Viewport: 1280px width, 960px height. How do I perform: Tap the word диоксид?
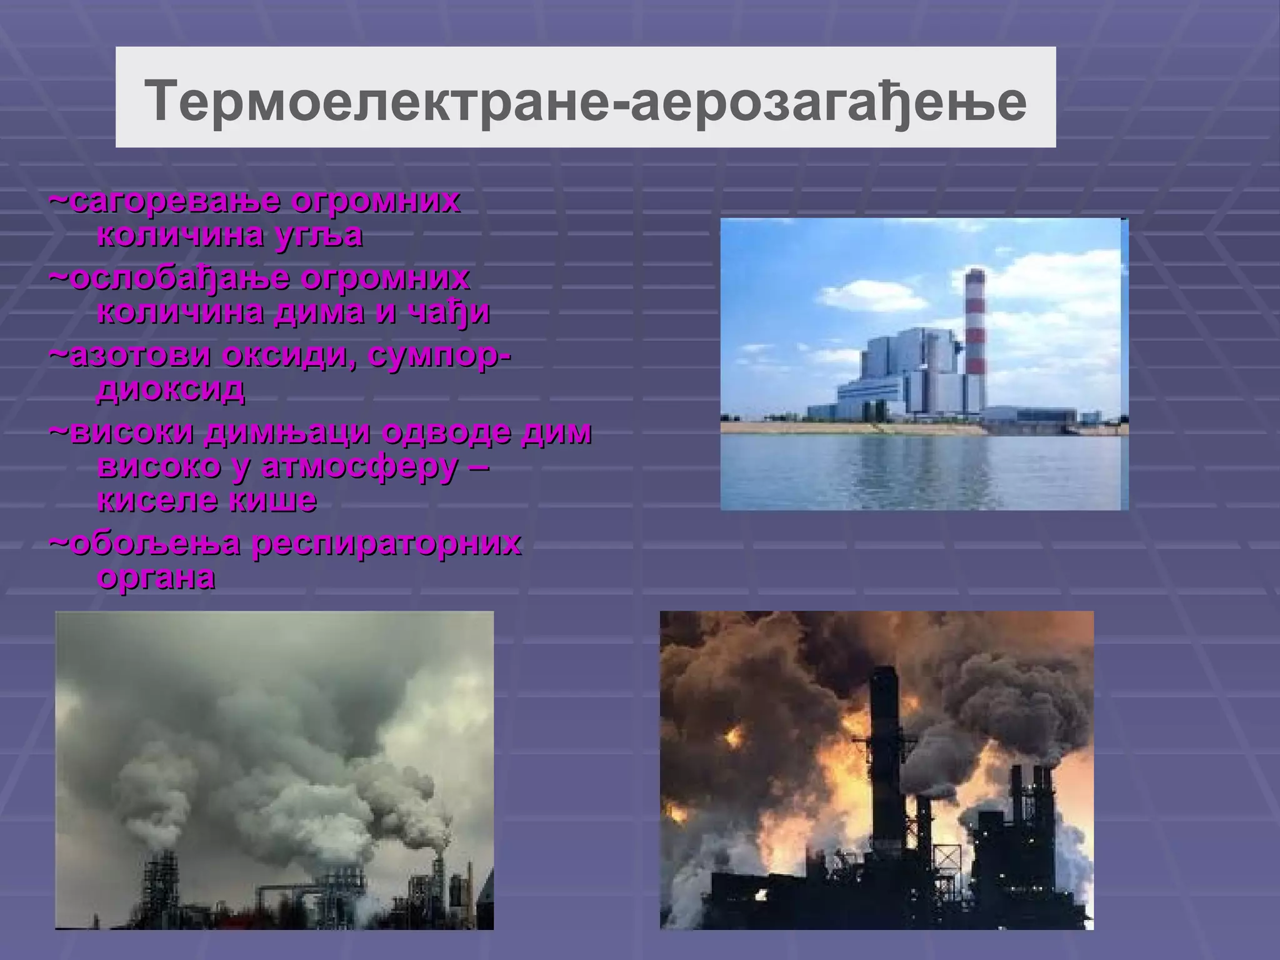click(x=171, y=390)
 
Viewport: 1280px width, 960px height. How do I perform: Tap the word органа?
click(x=157, y=577)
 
